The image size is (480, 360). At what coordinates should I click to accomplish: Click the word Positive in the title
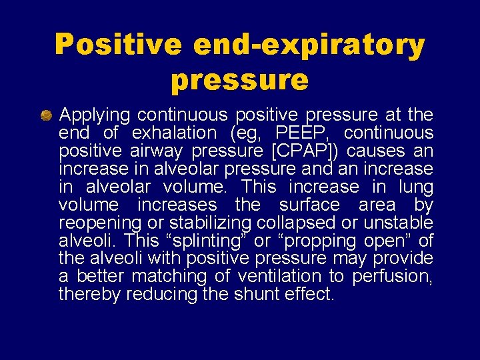117,45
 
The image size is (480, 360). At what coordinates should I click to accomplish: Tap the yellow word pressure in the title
239,79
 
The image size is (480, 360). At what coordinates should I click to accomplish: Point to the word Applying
95,116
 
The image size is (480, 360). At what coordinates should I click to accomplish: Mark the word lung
417,187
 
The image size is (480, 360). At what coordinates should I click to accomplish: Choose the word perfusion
393,276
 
